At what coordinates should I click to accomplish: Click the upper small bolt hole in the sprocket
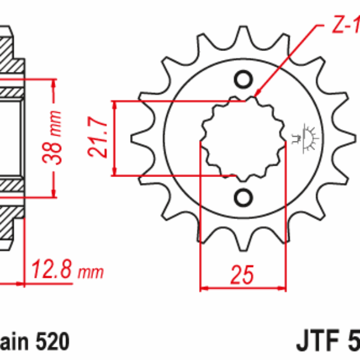tap(244, 79)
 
